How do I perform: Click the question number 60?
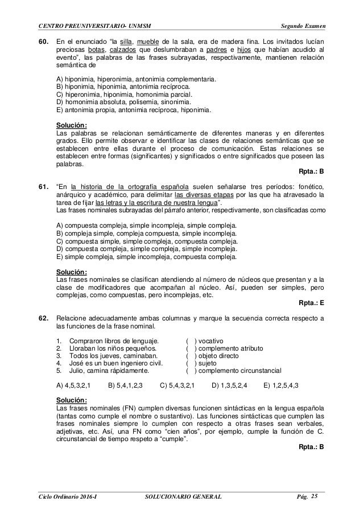pyautogui.click(x=42, y=43)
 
